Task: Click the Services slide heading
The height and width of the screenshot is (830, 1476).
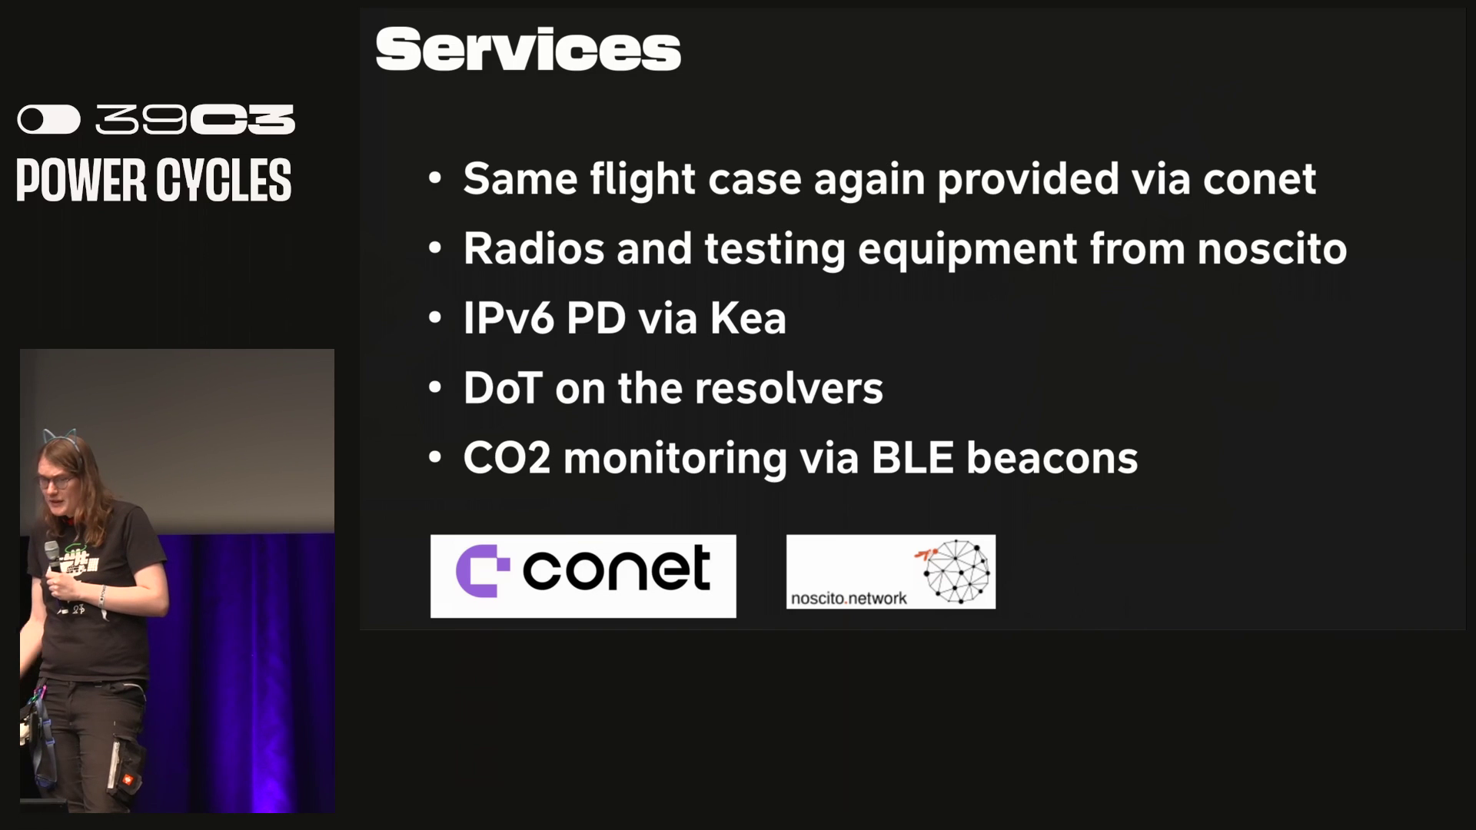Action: click(x=528, y=50)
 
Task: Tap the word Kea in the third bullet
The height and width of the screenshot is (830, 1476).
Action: click(x=748, y=318)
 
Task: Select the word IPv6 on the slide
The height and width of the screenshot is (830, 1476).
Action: click(x=508, y=318)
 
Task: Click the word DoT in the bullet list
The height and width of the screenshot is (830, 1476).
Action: click(x=503, y=388)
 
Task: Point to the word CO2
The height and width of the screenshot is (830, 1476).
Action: click(x=507, y=458)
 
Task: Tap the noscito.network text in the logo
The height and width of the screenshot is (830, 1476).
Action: click(x=849, y=598)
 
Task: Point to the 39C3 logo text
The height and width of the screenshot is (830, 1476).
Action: click(x=195, y=120)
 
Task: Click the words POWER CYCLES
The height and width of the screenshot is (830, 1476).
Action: click(x=154, y=181)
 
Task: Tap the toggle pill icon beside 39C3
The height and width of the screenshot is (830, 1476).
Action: click(x=49, y=120)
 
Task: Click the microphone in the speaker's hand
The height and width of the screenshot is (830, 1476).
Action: click(x=52, y=557)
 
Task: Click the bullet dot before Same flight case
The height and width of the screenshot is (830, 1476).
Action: click(x=435, y=179)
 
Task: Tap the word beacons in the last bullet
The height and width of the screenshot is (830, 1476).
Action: click(x=1052, y=458)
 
